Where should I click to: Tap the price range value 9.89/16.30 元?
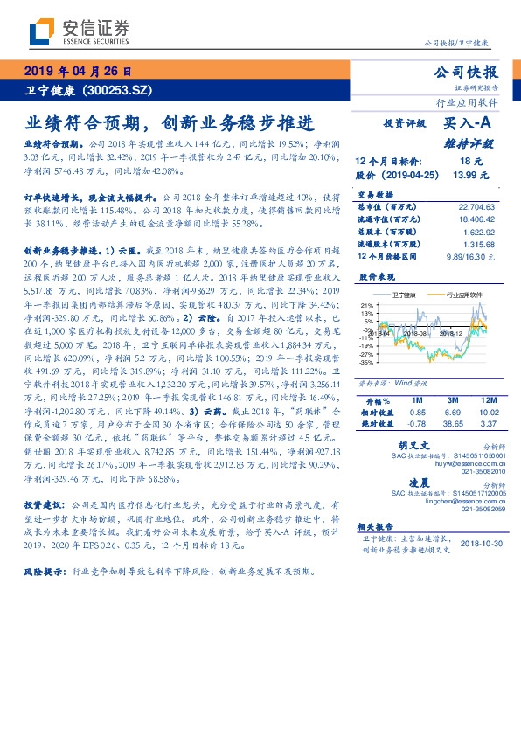469,258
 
